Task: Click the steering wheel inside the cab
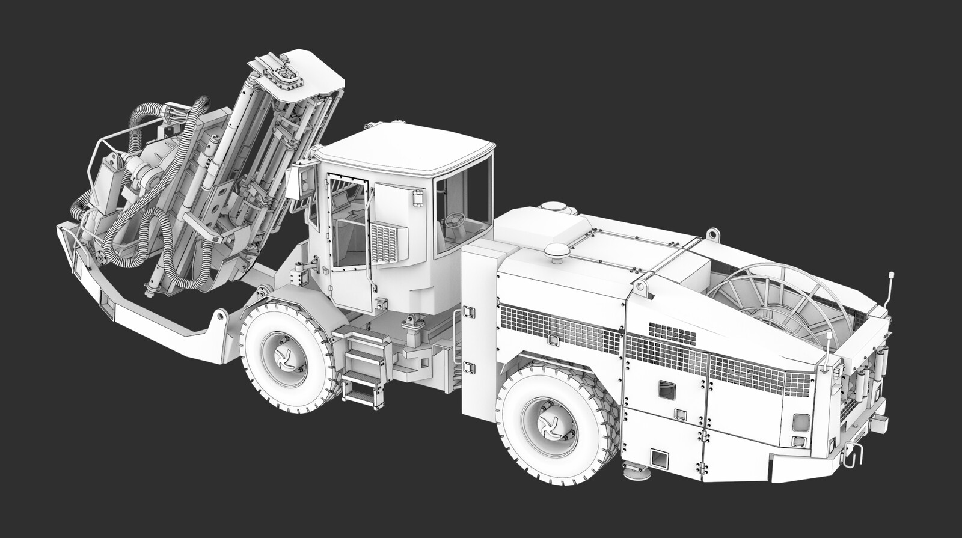click(455, 220)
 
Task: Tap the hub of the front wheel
click(283, 359)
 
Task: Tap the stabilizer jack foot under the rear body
click(637, 473)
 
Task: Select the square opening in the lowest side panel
click(660, 460)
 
